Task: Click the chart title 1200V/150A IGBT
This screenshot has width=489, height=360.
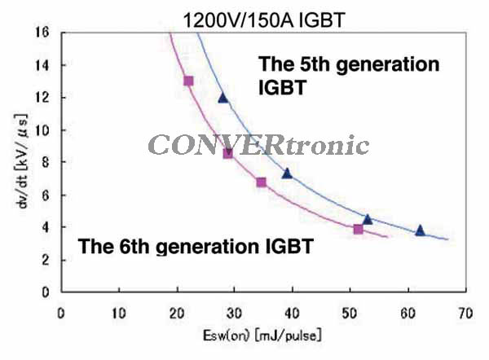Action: [x=264, y=20]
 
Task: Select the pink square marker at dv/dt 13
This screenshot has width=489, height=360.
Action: [x=188, y=81]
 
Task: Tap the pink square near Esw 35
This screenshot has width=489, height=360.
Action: [x=262, y=182]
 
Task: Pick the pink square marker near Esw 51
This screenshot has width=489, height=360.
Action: [x=359, y=230]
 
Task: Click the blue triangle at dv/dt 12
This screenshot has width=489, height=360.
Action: [x=223, y=99]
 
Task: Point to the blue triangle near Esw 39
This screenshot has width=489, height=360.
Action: [x=287, y=173]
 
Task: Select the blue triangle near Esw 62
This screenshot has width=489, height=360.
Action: [x=420, y=230]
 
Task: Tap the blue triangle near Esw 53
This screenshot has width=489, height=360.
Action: [x=368, y=219]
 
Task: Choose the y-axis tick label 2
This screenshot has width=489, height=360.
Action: [x=46, y=260]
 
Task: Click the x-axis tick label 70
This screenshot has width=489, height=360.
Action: [x=465, y=314]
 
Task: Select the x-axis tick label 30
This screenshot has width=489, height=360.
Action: [x=234, y=314]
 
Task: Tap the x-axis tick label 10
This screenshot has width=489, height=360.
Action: [x=119, y=314]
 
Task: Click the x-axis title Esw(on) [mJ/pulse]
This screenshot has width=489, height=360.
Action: [x=262, y=336]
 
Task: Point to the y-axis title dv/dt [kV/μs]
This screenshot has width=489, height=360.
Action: [x=21, y=160]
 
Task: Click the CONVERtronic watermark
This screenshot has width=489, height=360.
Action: [x=258, y=145]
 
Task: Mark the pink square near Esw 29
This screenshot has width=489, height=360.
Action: [x=228, y=153]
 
